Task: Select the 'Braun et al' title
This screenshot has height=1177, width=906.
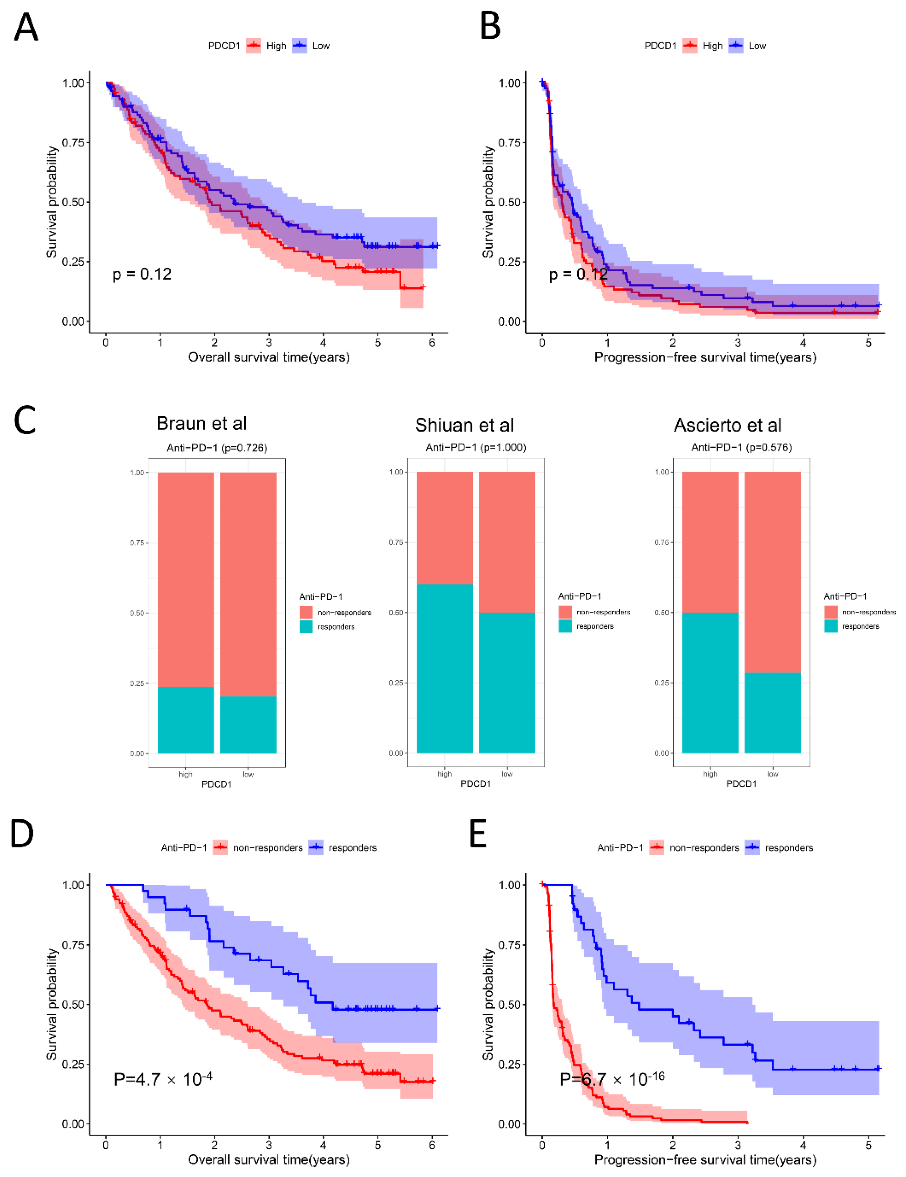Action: click(202, 424)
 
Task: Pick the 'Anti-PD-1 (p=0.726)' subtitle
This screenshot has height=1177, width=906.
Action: click(217, 448)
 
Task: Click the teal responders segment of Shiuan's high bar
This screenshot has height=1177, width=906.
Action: click(445, 668)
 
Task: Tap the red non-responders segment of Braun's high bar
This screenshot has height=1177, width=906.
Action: click(186, 579)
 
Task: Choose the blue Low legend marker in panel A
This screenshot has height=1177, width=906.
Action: click(300, 46)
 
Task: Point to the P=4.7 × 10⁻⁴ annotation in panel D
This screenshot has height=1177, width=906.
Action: click(163, 1079)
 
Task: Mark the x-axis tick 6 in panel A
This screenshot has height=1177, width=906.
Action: click(432, 343)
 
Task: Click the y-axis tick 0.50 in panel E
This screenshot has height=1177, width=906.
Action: click(509, 1005)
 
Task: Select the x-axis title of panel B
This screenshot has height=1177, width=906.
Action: click(705, 357)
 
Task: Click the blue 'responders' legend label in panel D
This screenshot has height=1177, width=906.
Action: click(353, 848)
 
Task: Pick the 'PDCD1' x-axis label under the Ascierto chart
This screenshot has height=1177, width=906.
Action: click(741, 784)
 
